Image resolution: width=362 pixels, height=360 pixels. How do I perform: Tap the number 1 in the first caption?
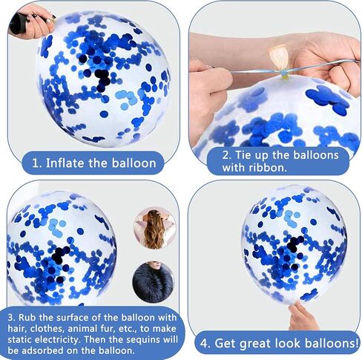[x=36, y=163]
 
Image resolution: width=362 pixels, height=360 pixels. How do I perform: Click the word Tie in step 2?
[x=244, y=155]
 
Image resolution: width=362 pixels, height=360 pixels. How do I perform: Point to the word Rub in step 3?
[x=27, y=317]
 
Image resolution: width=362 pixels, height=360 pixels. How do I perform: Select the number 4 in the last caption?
[x=204, y=344]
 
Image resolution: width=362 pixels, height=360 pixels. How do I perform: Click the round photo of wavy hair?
[x=155, y=228]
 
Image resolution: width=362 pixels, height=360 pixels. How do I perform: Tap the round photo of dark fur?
[x=154, y=282]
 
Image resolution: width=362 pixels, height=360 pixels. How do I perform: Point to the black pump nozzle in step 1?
[x=17, y=24]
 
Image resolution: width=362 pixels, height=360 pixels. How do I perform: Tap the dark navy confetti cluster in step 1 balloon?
[x=102, y=79]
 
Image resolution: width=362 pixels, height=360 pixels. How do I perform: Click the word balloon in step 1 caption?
[x=134, y=163]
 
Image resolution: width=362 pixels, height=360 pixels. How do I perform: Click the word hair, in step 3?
[x=17, y=328]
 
